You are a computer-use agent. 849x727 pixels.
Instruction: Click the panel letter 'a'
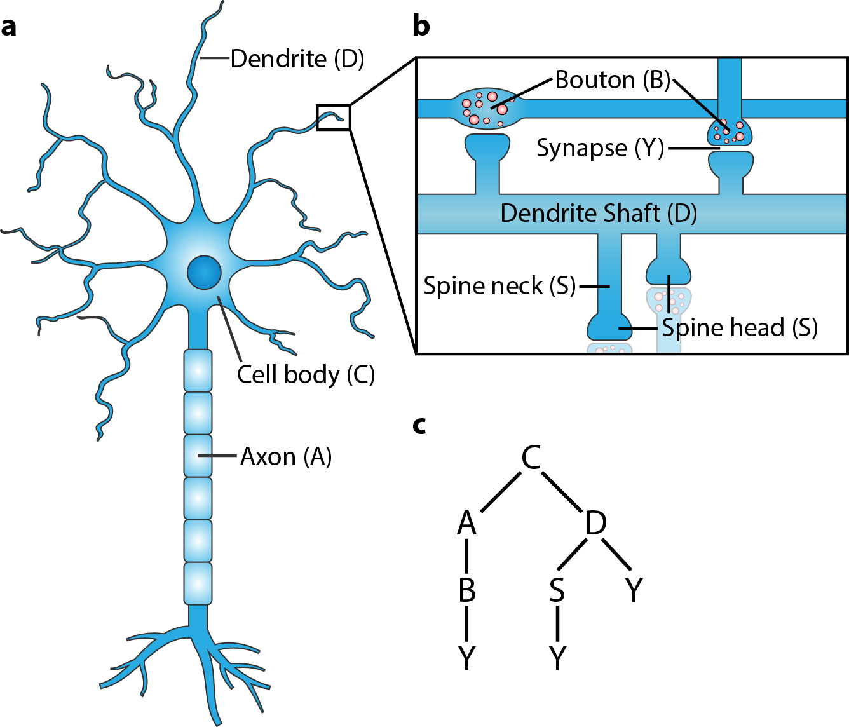[x=9, y=27]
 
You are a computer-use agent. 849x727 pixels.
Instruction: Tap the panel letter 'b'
[x=421, y=26]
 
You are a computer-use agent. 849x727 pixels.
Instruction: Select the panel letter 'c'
[x=419, y=425]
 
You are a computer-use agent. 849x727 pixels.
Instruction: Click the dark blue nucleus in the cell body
[x=204, y=272]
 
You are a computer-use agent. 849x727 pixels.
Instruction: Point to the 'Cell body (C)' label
[x=306, y=374]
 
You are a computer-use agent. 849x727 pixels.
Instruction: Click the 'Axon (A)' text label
[x=286, y=456]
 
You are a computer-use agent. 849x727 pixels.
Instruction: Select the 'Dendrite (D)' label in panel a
[x=297, y=58]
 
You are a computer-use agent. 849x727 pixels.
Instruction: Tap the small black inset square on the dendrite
[x=333, y=118]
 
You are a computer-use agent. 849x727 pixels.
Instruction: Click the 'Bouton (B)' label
[x=613, y=80]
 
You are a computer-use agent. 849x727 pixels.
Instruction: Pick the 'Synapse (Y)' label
[x=600, y=148]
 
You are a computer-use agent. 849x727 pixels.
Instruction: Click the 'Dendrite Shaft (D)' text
[x=599, y=213]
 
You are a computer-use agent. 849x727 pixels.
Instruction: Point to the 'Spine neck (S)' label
[x=499, y=286]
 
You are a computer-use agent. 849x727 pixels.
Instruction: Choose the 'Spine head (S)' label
[x=739, y=328]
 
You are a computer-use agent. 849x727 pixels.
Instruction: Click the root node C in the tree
[x=531, y=457]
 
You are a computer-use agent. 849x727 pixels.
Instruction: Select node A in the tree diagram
[x=466, y=523]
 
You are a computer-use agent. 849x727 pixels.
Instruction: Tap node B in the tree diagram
[x=467, y=590]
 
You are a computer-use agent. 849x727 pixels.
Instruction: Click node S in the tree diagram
[x=557, y=590]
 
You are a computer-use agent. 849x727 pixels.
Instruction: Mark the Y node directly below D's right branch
[x=634, y=590]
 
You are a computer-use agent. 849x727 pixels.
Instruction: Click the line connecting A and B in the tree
[x=467, y=556]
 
